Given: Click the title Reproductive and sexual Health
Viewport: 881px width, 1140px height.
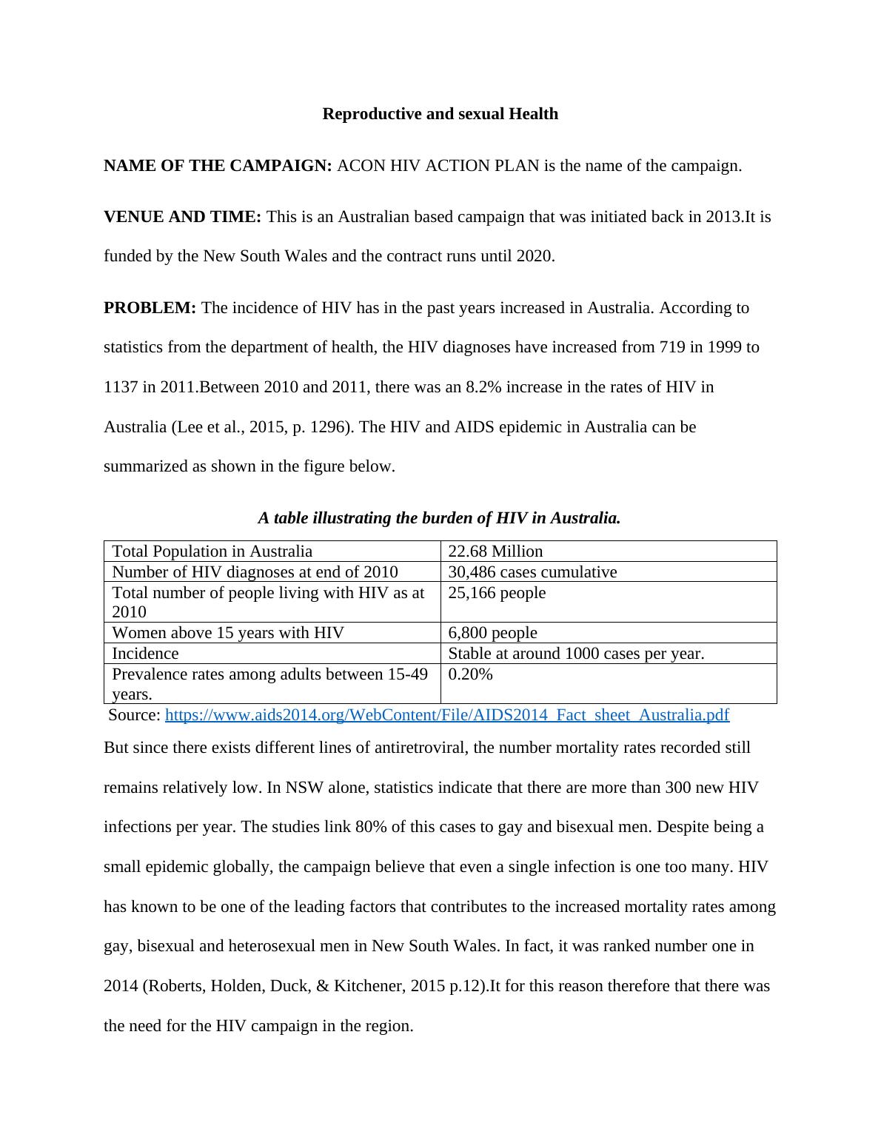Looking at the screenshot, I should tap(440, 114).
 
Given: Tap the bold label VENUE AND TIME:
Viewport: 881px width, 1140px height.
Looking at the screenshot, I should tap(182, 217).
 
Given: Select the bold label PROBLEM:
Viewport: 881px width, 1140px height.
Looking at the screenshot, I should tap(150, 308).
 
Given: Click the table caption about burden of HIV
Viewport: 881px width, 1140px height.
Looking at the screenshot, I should tap(439, 518).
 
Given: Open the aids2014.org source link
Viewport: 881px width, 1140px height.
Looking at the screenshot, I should tap(446, 715).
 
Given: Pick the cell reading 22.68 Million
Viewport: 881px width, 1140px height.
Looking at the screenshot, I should tap(495, 551).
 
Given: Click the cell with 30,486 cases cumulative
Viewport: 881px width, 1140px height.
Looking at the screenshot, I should tap(532, 572).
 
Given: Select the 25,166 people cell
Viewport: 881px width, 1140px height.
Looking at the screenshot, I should tap(497, 593).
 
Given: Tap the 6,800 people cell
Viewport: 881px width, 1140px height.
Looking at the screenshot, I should tap(492, 633).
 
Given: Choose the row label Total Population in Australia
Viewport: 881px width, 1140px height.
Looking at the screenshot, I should tap(212, 551).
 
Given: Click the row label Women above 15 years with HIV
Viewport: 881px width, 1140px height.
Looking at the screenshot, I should tap(227, 633).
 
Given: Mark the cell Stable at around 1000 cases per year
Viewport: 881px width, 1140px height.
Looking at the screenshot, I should tap(576, 654).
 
